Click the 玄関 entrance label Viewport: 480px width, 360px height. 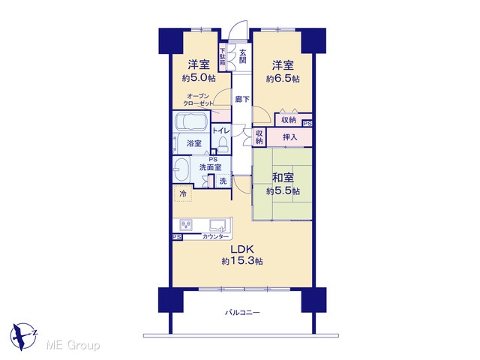click(242, 56)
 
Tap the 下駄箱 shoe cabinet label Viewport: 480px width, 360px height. click(223, 57)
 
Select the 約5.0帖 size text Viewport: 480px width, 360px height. click(199, 78)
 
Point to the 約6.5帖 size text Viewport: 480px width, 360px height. click(283, 79)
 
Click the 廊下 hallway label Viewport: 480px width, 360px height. click(242, 99)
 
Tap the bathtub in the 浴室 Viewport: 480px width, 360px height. click(191, 121)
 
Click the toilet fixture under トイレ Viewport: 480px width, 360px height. click(223, 144)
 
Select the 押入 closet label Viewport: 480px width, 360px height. click(289, 136)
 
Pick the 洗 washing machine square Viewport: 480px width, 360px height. click(223, 181)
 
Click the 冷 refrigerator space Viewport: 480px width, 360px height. click(183, 193)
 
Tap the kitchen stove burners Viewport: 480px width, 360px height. click(187, 226)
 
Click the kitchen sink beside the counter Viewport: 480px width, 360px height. click(218, 225)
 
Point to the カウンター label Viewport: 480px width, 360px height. click(215, 237)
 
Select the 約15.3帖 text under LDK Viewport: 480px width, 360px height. click(242, 261)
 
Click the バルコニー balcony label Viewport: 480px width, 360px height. click(242, 313)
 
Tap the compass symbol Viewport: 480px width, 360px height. click(23, 336)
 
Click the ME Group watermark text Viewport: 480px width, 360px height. click(73, 346)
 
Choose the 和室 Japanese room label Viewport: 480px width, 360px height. click(283, 178)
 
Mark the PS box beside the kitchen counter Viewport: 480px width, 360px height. click(177, 237)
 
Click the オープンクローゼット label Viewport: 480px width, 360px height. click(198, 100)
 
